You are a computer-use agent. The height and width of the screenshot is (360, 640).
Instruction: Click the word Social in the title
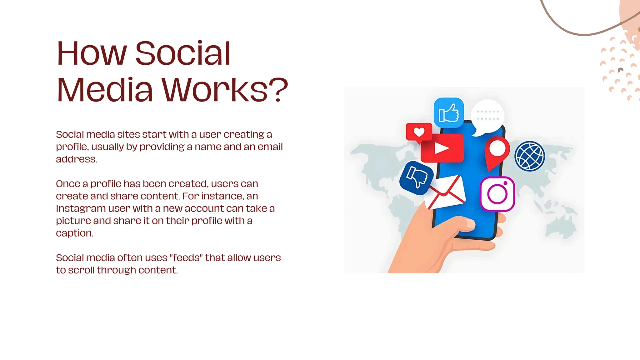[183, 53]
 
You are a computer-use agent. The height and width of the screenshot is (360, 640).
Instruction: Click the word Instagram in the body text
[81, 208]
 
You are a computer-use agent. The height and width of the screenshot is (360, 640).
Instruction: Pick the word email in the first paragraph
[270, 147]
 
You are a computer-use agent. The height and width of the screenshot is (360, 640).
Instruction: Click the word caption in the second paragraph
[74, 233]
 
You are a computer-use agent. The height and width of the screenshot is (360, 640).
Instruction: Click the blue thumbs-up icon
[448, 112]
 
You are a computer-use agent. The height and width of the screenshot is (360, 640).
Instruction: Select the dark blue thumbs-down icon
[416, 178]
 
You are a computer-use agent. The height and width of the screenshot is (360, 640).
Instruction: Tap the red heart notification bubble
[419, 132]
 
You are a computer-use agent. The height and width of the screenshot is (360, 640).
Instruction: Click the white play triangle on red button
[442, 148]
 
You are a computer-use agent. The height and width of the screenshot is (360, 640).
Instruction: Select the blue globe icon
[529, 156]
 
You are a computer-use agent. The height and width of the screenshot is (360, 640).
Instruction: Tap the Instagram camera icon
[497, 194]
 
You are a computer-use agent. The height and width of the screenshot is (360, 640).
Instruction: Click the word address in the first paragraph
[76, 159]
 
